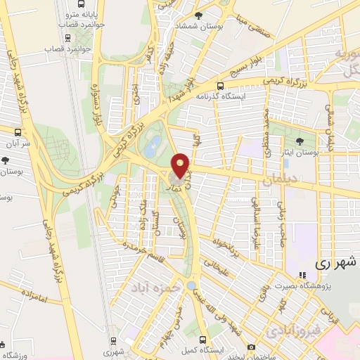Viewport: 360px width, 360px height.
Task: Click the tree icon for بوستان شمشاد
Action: point(199,15)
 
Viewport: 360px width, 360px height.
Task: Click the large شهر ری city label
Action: point(336,264)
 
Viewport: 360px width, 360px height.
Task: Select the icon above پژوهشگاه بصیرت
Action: point(302,275)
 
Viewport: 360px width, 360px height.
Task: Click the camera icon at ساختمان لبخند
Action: point(252,347)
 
